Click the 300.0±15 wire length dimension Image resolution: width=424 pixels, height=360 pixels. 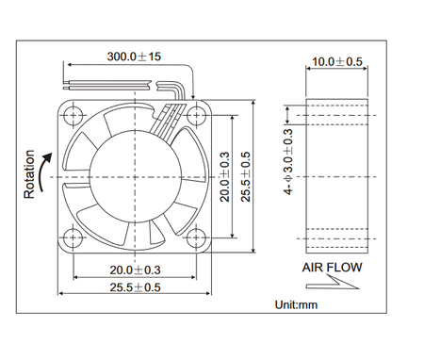coord(134,57)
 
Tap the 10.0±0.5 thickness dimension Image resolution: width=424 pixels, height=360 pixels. coord(337,61)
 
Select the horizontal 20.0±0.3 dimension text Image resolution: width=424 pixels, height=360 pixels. coord(135,270)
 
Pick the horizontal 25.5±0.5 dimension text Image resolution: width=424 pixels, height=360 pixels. coord(135,287)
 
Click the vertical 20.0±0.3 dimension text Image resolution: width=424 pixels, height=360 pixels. coord(225,177)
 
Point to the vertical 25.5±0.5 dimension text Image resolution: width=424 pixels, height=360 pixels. coord(246,177)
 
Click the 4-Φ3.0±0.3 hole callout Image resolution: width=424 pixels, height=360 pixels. coord(288,162)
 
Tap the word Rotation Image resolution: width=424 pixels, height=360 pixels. coord(29,174)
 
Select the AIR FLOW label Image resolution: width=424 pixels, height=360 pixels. coord(332,268)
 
